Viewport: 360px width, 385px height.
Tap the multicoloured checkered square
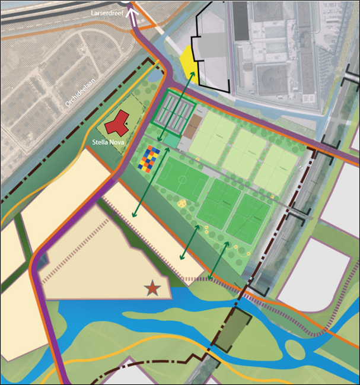[149, 158]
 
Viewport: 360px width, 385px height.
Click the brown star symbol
[153, 288]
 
